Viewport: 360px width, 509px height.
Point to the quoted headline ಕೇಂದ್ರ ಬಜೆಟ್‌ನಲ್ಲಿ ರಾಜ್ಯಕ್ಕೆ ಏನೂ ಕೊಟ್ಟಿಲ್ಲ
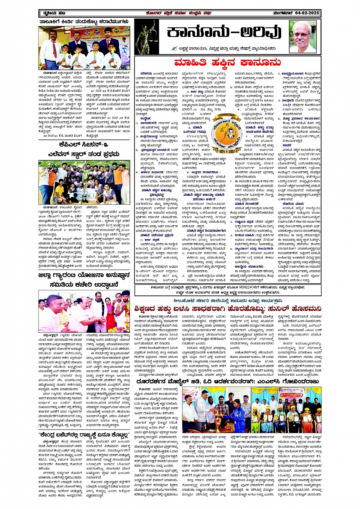[x=84, y=435]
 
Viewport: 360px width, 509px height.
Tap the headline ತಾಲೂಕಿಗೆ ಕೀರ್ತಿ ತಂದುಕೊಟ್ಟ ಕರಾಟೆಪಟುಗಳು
[x=84, y=22]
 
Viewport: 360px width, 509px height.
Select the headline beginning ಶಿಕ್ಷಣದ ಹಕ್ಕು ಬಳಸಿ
[x=227, y=309]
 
